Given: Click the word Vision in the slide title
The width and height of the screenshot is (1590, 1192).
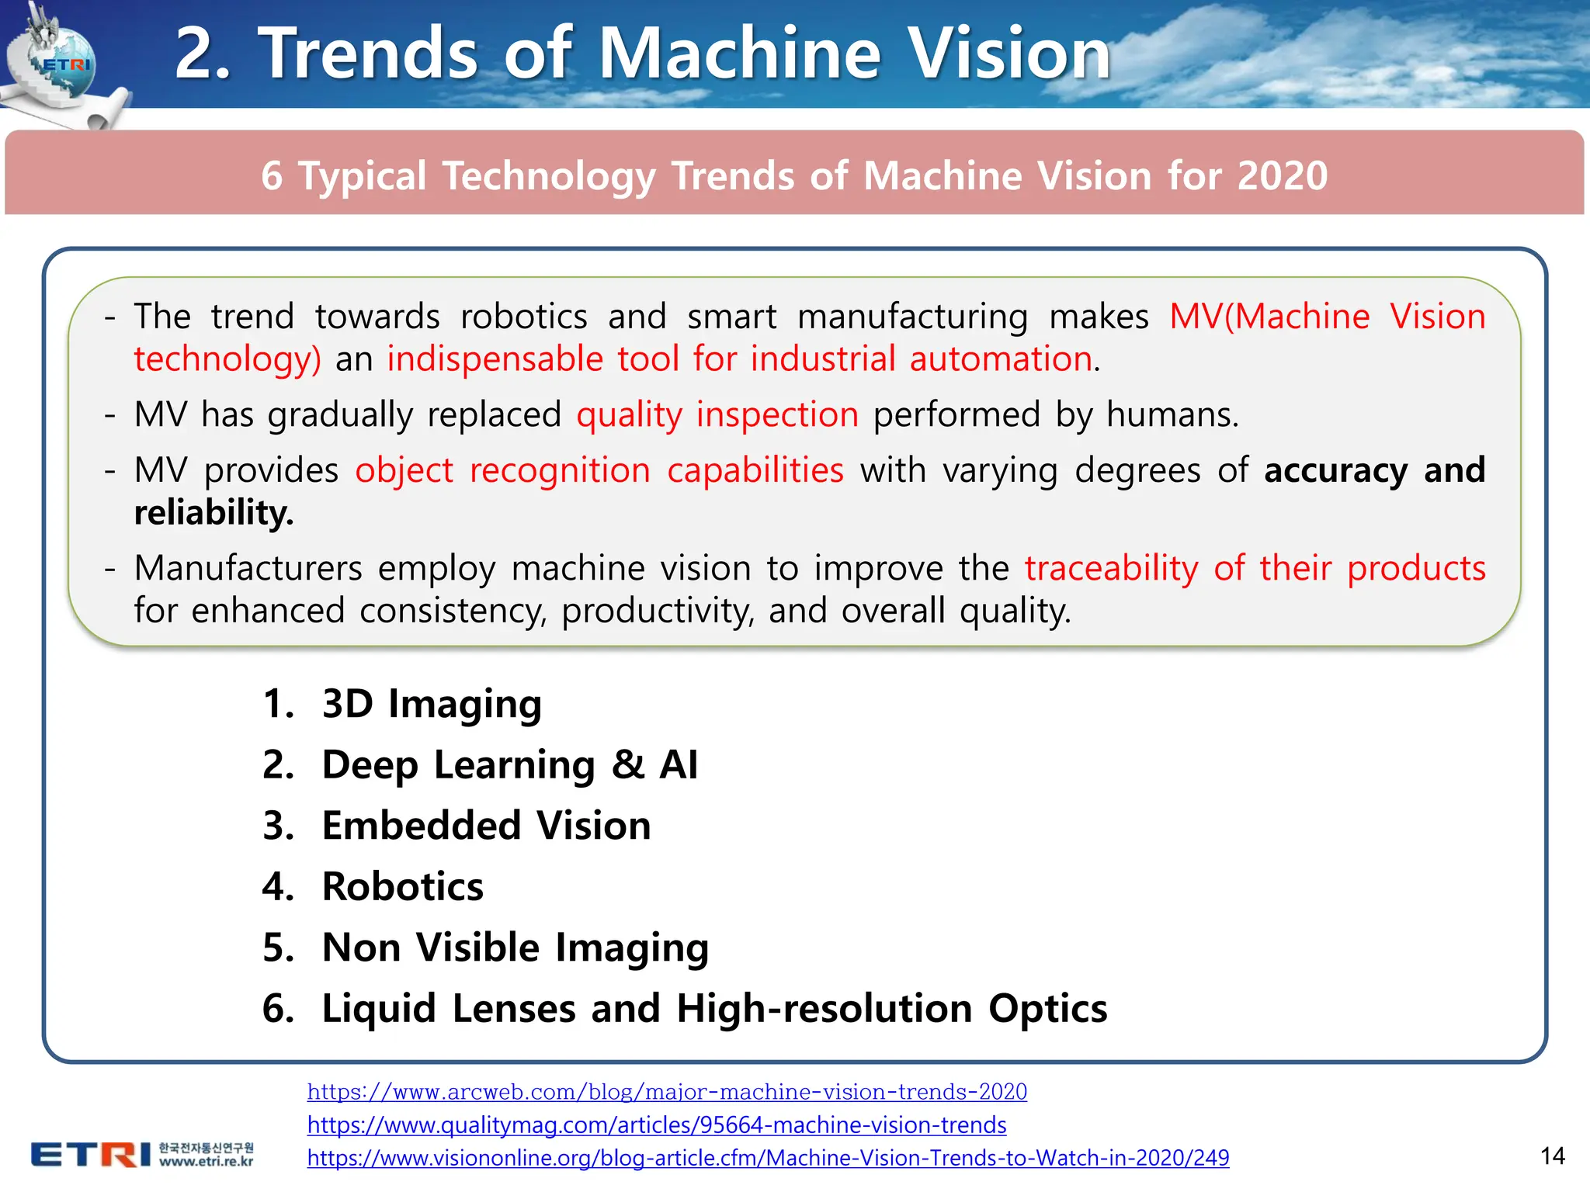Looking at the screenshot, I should (x=1009, y=54).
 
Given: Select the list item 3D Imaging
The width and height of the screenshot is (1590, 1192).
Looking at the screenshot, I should (x=431, y=704).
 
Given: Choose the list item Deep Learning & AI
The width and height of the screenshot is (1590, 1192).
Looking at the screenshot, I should (x=509, y=765).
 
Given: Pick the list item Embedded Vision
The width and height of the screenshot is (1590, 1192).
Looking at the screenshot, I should (x=486, y=826).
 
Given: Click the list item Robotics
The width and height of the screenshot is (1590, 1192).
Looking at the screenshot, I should (x=402, y=886).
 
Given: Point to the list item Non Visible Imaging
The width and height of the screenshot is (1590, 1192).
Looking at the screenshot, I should (x=515, y=948).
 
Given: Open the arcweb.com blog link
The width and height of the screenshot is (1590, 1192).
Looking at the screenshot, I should (x=666, y=1092).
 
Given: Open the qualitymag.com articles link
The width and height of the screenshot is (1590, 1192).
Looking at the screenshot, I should (x=656, y=1124).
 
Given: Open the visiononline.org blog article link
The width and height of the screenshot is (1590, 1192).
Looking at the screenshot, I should (x=767, y=1158).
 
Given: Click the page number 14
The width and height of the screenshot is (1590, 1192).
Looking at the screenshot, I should (x=1552, y=1156).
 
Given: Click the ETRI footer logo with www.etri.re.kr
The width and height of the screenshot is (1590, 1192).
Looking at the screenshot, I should (x=142, y=1154).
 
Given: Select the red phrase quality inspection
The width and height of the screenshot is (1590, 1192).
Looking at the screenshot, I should (x=717, y=414).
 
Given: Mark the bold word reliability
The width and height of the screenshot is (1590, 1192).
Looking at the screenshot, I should (x=214, y=513).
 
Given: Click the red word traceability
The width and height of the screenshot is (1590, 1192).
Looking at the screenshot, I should (x=1111, y=569).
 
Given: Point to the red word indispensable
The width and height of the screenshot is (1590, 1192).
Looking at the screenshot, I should (x=495, y=359).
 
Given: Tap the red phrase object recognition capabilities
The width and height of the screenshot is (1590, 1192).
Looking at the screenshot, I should (x=599, y=471).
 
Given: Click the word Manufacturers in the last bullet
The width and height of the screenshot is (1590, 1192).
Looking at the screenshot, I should (x=248, y=569).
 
